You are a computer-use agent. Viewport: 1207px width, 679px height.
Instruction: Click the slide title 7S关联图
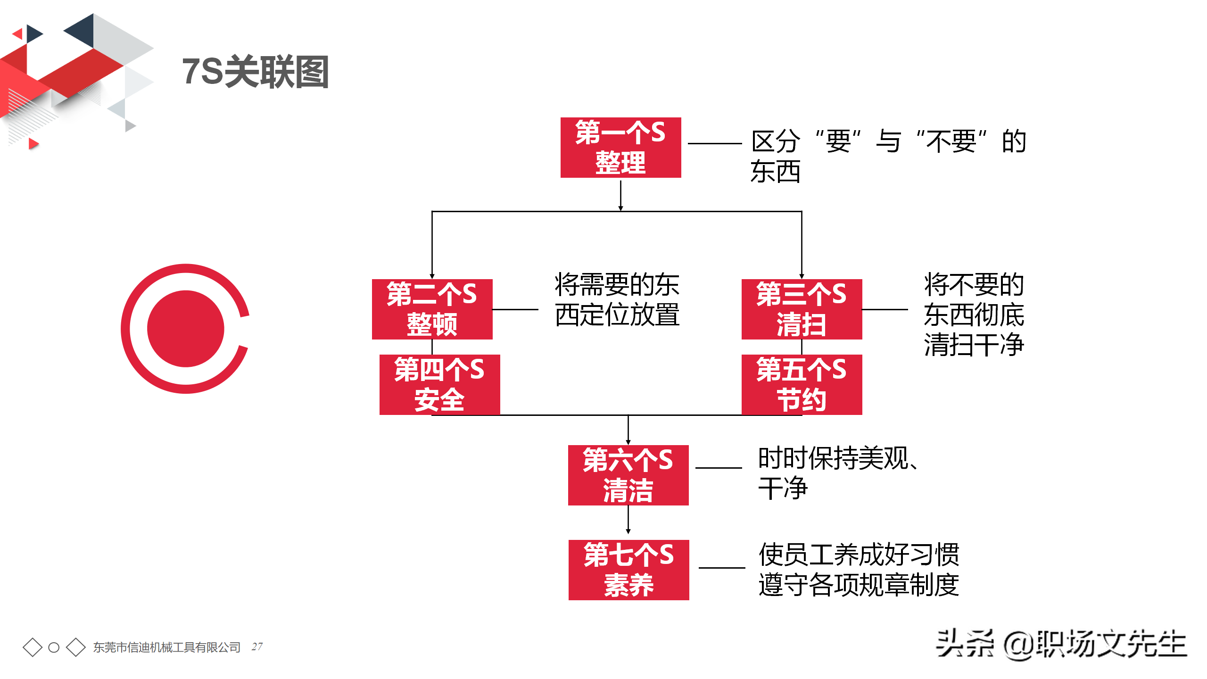click(x=255, y=72)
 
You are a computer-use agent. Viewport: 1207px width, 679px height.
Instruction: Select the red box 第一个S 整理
click(x=620, y=148)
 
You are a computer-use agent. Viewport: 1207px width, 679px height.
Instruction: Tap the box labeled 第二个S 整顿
click(x=432, y=309)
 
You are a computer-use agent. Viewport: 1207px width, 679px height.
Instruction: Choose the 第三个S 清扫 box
click(x=802, y=309)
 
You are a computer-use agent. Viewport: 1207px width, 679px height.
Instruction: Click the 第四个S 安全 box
click(x=439, y=385)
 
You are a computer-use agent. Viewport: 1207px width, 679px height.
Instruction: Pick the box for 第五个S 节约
click(x=802, y=385)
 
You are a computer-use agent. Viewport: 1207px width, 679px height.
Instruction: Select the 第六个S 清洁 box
click(x=628, y=475)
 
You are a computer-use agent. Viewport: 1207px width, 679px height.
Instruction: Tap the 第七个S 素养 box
click(x=628, y=570)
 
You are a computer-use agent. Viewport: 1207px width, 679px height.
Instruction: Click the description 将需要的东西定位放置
click(x=617, y=300)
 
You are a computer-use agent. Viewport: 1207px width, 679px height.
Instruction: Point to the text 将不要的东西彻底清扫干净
click(x=974, y=315)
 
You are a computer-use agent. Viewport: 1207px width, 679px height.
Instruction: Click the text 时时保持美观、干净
click(x=837, y=473)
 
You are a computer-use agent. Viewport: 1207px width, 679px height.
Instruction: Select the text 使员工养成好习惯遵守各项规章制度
click(x=858, y=570)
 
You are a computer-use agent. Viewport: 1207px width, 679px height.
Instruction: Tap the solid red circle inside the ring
click(x=185, y=329)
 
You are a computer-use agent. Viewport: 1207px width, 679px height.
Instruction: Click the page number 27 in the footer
click(x=257, y=646)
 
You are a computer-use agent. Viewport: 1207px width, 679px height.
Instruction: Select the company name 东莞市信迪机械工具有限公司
click(x=166, y=647)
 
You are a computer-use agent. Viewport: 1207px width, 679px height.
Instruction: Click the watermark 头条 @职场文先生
click(x=1061, y=644)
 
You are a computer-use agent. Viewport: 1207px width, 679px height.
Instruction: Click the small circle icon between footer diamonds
click(x=54, y=647)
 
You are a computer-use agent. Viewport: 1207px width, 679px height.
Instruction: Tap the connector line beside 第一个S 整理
click(x=715, y=143)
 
